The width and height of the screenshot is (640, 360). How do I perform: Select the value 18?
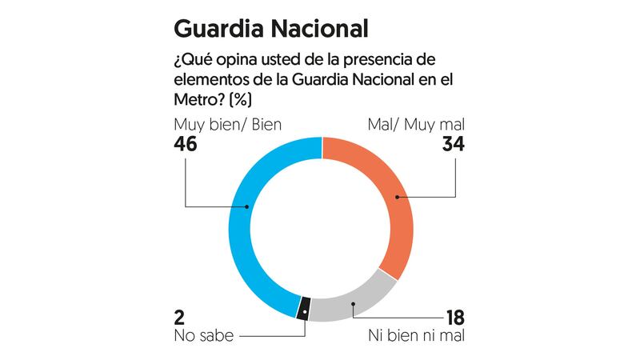tap(454, 317)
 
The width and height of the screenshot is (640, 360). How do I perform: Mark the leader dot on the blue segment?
tap(247, 206)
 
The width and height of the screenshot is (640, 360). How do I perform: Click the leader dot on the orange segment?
tap(396, 196)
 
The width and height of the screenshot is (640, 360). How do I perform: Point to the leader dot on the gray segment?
tap(353, 303)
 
